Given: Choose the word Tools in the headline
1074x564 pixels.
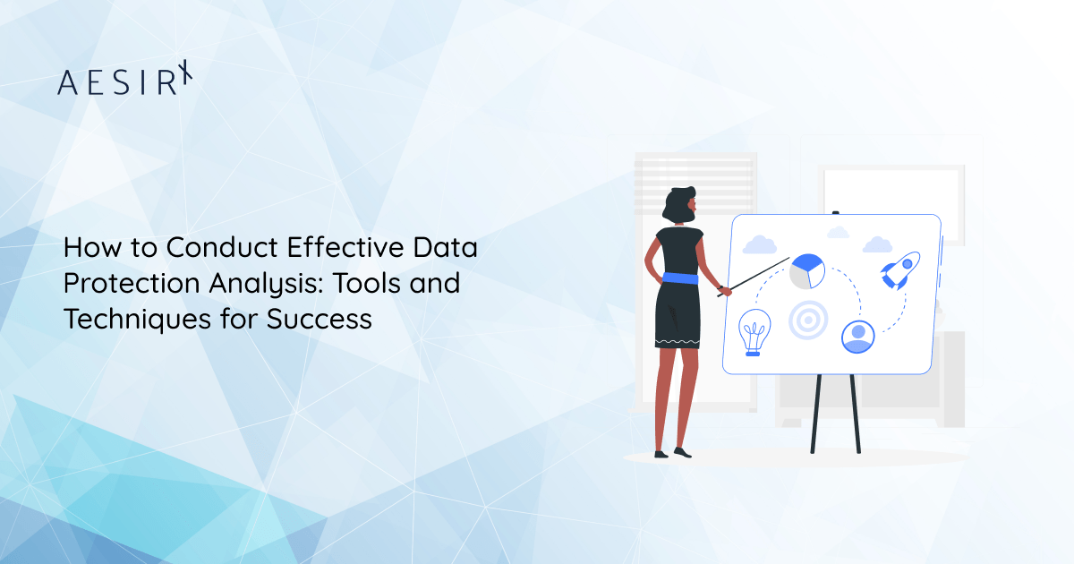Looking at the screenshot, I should [373, 284].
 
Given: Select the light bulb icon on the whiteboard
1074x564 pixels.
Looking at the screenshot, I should [754, 333].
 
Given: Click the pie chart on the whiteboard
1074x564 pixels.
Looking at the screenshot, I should [807, 271].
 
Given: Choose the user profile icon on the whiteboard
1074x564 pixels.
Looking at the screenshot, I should [857, 336].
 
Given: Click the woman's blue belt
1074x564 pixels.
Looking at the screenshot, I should [677, 279].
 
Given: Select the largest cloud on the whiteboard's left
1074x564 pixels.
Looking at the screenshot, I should [759, 244].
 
